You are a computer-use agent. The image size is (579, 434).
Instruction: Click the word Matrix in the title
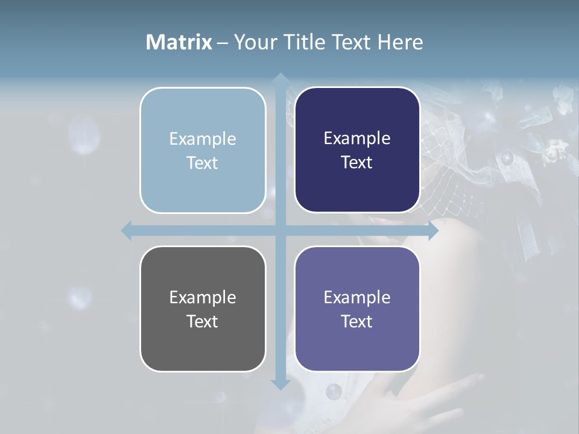(x=179, y=42)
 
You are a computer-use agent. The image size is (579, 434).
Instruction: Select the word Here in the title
(x=400, y=42)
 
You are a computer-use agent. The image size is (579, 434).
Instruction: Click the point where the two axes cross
(x=280, y=230)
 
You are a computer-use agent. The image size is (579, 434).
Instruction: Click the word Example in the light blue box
(x=203, y=139)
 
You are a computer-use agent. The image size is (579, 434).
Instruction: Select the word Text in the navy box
(x=357, y=163)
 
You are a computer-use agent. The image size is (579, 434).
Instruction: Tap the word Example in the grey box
(x=203, y=298)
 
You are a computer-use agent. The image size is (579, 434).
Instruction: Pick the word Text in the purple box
(x=357, y=321)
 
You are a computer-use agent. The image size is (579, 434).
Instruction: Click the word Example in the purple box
(x=357, y=298)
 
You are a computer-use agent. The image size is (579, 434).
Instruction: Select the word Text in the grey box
(x=203, y=321)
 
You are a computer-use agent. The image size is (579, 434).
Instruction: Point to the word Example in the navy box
(x=357, y=139)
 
